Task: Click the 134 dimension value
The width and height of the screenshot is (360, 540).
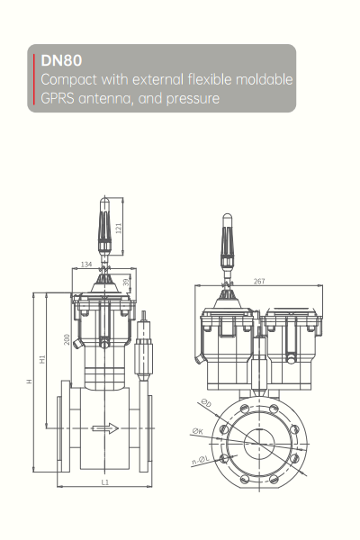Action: (87, 264)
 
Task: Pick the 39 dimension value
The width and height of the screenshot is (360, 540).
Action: (125, 283)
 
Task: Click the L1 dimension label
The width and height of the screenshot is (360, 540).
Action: (104, 482)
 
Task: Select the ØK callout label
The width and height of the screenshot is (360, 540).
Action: (197, 432)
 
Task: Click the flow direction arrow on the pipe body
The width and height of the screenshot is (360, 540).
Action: (105, 427)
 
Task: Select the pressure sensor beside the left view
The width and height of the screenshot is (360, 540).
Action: (141, 355)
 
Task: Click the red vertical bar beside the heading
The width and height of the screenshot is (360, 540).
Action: (37, 79)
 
